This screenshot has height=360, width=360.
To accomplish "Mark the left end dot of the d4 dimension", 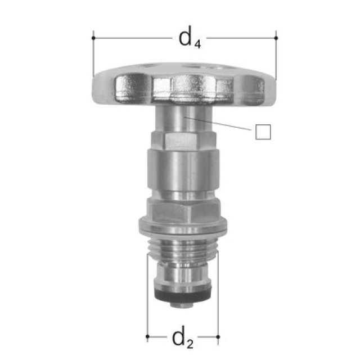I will (x=92, y=38).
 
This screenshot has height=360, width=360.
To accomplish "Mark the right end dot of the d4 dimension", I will (x=276, y=38).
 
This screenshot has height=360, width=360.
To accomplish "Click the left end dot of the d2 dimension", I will (x=147, y=337).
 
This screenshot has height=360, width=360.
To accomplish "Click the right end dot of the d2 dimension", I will (x=218, y=337).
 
